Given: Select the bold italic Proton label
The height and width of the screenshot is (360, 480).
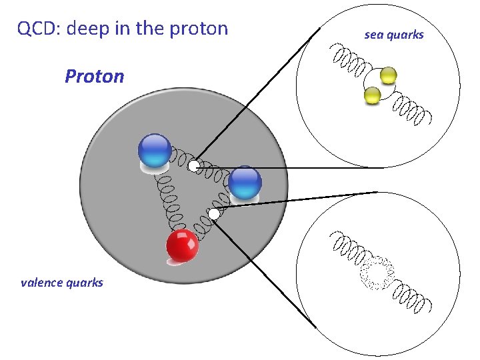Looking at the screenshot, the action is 94,76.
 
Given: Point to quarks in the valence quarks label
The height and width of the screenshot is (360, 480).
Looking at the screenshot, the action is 85,283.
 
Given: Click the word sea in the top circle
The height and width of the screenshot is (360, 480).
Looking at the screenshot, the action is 372,35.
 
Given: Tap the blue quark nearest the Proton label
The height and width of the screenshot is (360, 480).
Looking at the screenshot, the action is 155,150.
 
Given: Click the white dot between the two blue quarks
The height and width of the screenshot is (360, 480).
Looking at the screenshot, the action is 193,165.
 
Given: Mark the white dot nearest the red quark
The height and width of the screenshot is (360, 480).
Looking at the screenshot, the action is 213,213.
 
